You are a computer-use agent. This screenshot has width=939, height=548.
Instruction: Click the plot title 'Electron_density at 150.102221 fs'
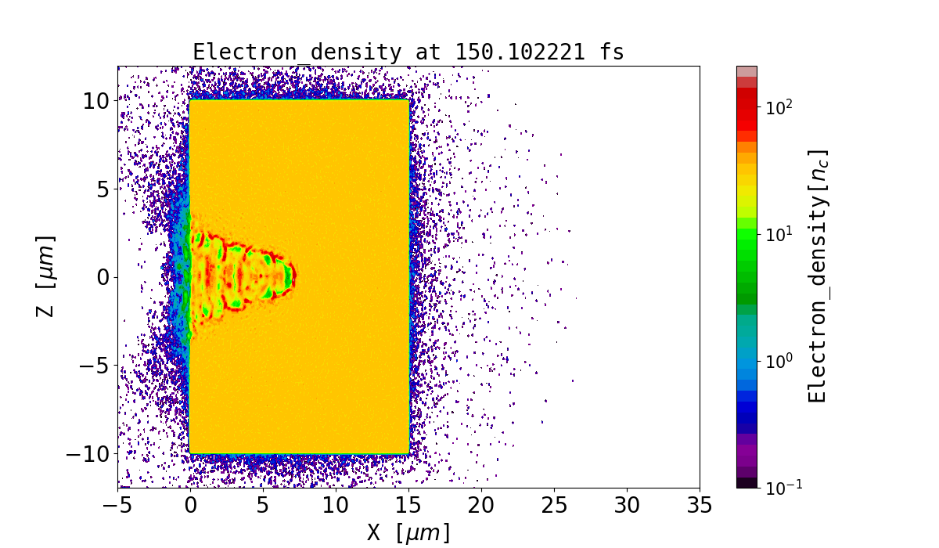pyautogui.click(x=408, y=52)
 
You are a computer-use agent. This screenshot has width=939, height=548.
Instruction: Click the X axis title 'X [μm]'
pyautogui.click(x=408, y=532)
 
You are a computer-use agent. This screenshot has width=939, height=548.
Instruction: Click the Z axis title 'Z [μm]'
pyautogui.click(x=45, y=276)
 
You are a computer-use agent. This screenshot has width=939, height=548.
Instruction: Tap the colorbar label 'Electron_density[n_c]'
pyautogui.click(x=817, y=276)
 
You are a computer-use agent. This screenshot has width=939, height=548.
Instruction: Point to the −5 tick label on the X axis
pyautogui.click(x=118, y=505)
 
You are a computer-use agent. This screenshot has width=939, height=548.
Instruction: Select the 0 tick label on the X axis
pyautogui.click(x=190, y=505)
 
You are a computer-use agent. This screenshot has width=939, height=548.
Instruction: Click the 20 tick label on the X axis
pyautogui.click(x=481, y=505)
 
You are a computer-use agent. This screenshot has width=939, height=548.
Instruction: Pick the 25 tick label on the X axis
pyautogui.click(x=554, y=505)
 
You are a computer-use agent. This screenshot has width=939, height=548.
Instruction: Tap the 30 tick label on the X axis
pyautogui.click(x=627, y=505)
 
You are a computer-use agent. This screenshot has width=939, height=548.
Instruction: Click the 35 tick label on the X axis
pyautogui.click(x=700, y=505)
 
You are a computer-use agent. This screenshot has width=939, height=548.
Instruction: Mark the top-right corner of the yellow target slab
pyautogui.click(x=408, y=100)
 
